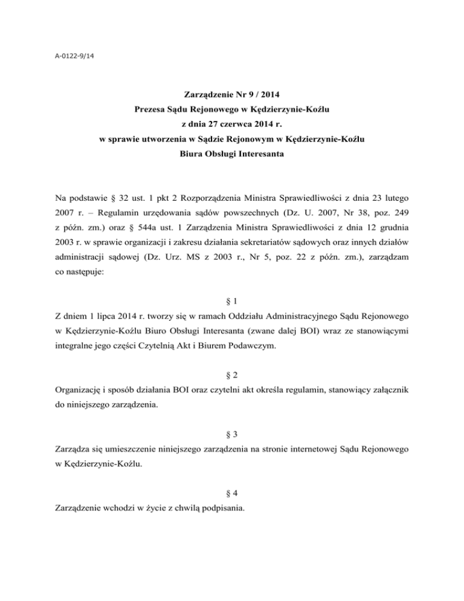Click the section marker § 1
pos(231,298)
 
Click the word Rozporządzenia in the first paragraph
pos(197,197)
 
